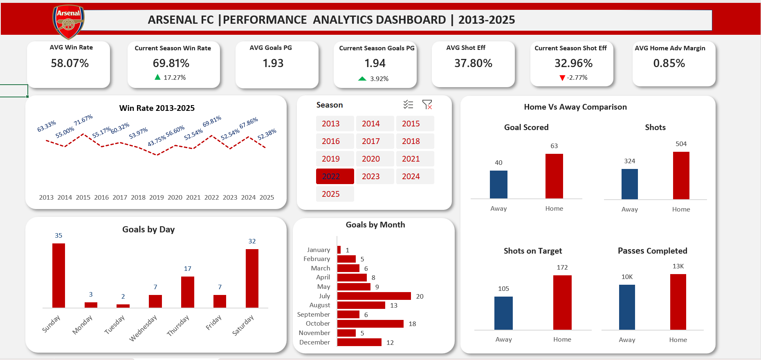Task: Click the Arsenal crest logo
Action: [x=68, y=21]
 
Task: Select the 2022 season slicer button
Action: [x=335, y=176]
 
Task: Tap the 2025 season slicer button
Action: [x=335, y=194]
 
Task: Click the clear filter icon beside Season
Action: [x=427, y=105]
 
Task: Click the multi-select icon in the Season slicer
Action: [x=408, y=105]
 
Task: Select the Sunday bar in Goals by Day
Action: [x=58, y=275]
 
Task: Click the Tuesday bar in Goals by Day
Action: [x=123, y=306]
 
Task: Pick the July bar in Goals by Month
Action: [x=374, y=296]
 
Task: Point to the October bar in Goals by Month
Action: [x=370, y=324]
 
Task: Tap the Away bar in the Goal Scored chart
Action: [x=498, y=184]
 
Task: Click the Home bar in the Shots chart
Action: [x=681, y=175]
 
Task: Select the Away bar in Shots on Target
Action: [x=503, y=313]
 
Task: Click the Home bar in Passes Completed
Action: [x=678, y=301]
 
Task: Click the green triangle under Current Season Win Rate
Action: [x=157, y=77]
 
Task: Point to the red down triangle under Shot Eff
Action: [x=562, y=78]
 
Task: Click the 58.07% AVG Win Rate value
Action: [x=70, y=63]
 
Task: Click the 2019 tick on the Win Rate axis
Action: [x=157, y=197]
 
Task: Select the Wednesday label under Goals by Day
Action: [x=143, y=328]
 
